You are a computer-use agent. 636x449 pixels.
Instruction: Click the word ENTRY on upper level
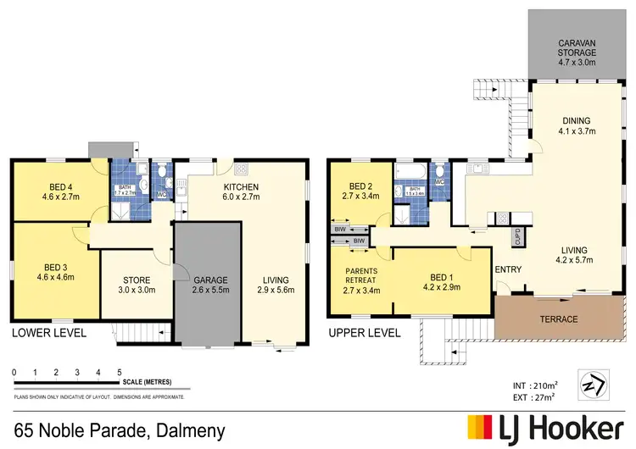508,270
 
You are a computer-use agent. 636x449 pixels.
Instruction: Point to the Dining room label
576,121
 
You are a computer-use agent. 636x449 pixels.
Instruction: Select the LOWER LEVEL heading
48,333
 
